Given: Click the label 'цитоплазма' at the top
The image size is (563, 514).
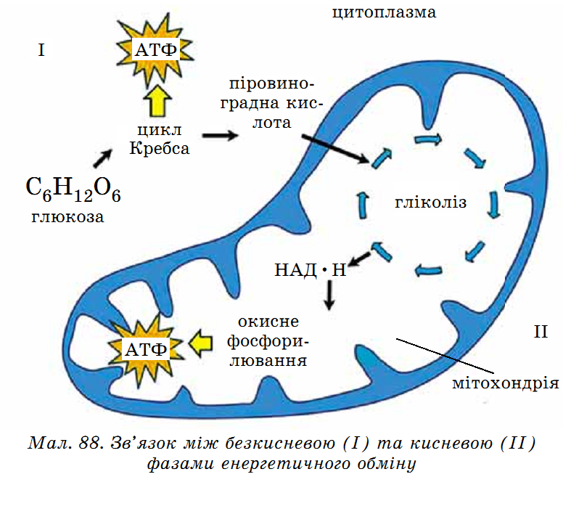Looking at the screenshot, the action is (x=384, y=12).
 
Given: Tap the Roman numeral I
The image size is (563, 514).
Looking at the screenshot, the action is (x=41, y=50).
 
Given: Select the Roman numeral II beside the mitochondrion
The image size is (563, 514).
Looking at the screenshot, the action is (x=541, y=332).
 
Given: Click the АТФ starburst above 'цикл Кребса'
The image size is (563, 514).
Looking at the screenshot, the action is (x=155, y=50).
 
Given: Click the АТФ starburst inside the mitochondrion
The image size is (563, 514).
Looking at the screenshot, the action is (x=145, y=348).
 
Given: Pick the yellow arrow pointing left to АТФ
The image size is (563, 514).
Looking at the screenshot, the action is (x=200, y=343).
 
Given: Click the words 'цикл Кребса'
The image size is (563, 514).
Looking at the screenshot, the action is (x=159, y=139).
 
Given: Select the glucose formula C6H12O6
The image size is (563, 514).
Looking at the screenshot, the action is (x=73, y=189).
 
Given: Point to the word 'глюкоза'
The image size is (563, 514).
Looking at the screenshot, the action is (x=67, y=217).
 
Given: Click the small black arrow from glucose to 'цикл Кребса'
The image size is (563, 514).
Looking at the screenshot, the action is (x=102, y=159).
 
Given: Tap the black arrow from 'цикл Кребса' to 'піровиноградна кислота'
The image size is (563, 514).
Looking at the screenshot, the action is (x=220, y=136).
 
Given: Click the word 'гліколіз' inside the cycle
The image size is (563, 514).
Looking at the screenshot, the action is (x=430, y=203).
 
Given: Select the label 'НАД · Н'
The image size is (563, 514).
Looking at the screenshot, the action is (x=311, y=269).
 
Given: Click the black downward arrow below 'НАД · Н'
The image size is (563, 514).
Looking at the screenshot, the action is (x=329, y=295).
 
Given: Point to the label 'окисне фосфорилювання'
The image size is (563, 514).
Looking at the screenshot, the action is (x=268, y=341).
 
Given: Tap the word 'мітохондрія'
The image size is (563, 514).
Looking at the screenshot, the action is (x=506, y=383).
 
